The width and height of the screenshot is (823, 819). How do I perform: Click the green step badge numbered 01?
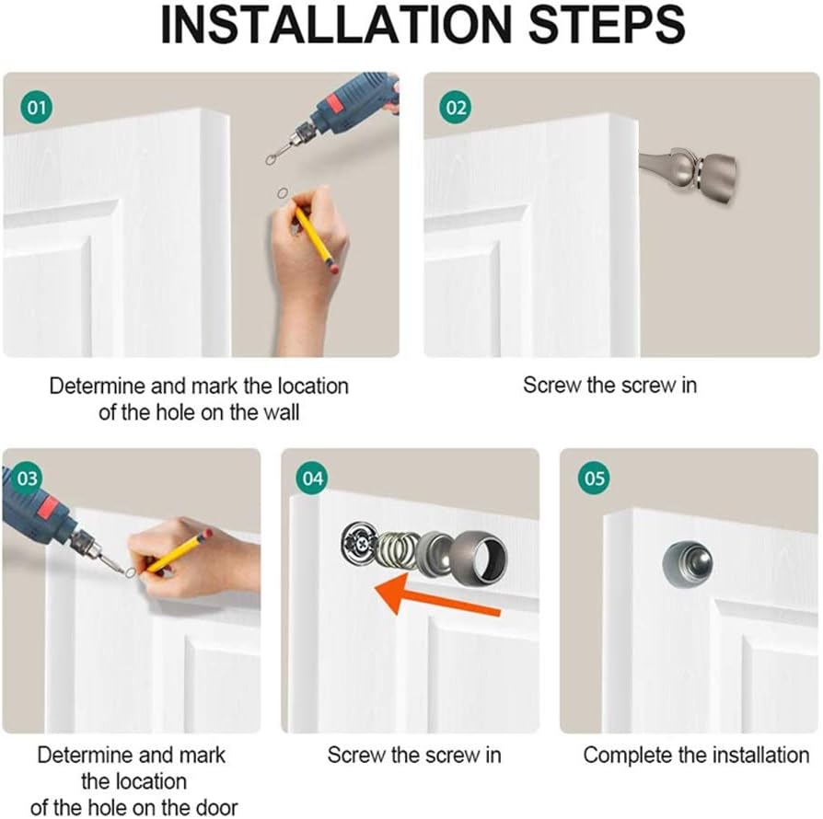pyautogui.click(x=36, y=108)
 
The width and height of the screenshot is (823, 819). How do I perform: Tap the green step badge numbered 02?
pyautogui.click(x=457, y=108)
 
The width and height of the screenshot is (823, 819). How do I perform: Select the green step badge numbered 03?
pyautogui.click(x=27, y=479)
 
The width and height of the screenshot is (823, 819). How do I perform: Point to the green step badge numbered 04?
pyautogui.click(x=314, y=479)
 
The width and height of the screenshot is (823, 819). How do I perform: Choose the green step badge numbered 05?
pyautogui.click(x=595, y=479)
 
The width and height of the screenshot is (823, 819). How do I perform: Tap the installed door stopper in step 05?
pyautogui.click(x=682, y=562)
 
